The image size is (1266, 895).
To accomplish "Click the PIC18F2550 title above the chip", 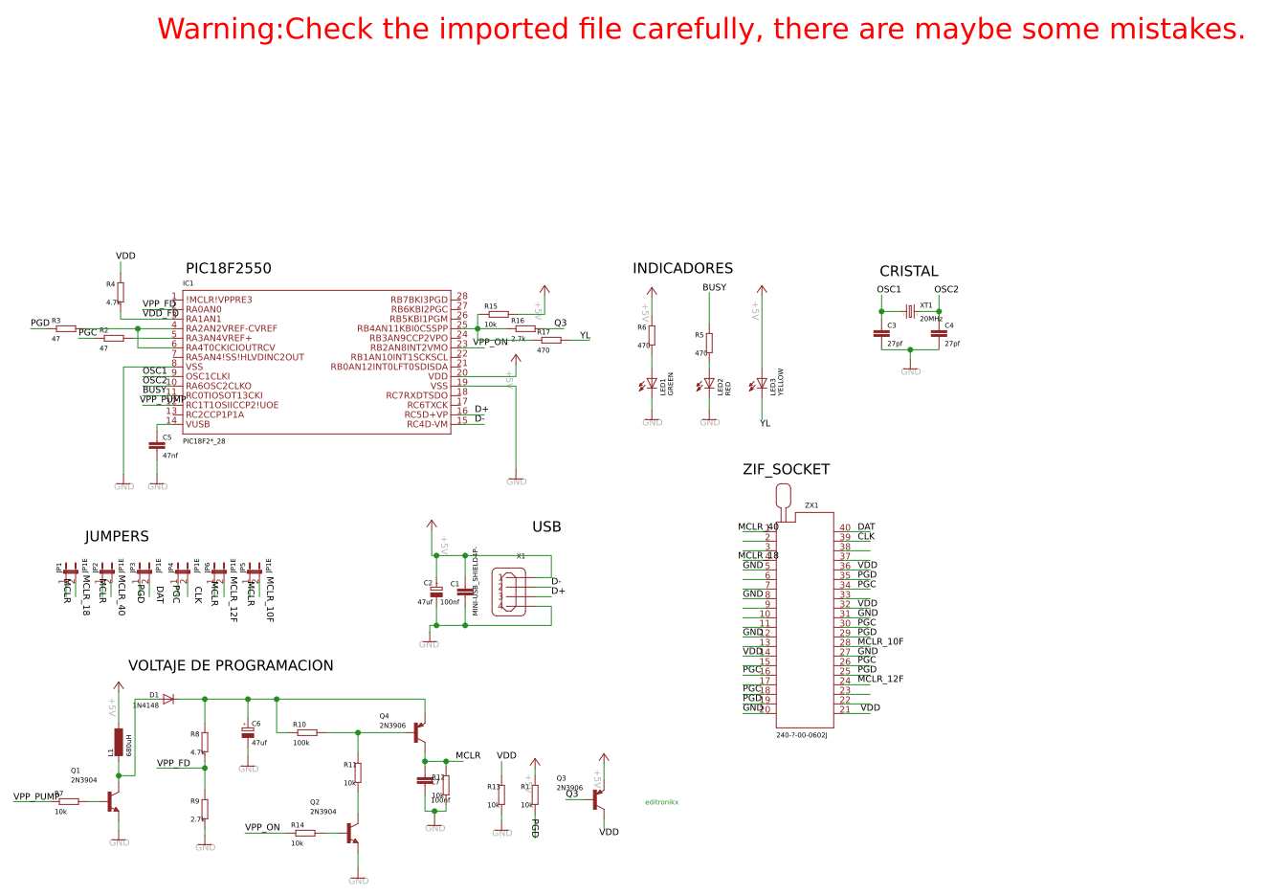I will tap(228, 269).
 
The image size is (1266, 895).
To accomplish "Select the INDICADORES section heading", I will tap(682, 269).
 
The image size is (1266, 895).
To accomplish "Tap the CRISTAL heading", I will tap(908, 272).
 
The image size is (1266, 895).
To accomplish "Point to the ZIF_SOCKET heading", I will tap(786, 470).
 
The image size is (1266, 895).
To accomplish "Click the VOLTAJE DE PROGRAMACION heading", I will tap(231, 666).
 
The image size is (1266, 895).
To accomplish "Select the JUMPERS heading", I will tap(117, 537).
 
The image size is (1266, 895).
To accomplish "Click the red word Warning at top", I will tap(219, 30).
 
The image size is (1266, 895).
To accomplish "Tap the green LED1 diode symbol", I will tap(652, 385).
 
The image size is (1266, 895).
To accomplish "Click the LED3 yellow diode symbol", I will tap(762, 384).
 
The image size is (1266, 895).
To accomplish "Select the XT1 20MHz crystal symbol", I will tap(910, 311).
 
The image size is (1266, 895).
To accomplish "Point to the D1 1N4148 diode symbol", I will tap(168, 699).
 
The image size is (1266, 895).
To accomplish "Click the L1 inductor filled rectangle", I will tap(119, 742).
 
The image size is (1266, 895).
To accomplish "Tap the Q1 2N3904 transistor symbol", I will tap(113, 801).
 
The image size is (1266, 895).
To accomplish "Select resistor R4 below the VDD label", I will tap(121, 292).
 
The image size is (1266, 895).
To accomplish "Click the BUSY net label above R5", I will tap(714, 288).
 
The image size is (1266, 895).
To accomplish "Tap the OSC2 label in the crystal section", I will tap(945, 290).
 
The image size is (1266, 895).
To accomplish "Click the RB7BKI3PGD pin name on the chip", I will tap(418, 300).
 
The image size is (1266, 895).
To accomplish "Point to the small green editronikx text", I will tap(661, 802).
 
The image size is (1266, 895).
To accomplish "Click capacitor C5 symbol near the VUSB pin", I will tap(157, 446).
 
